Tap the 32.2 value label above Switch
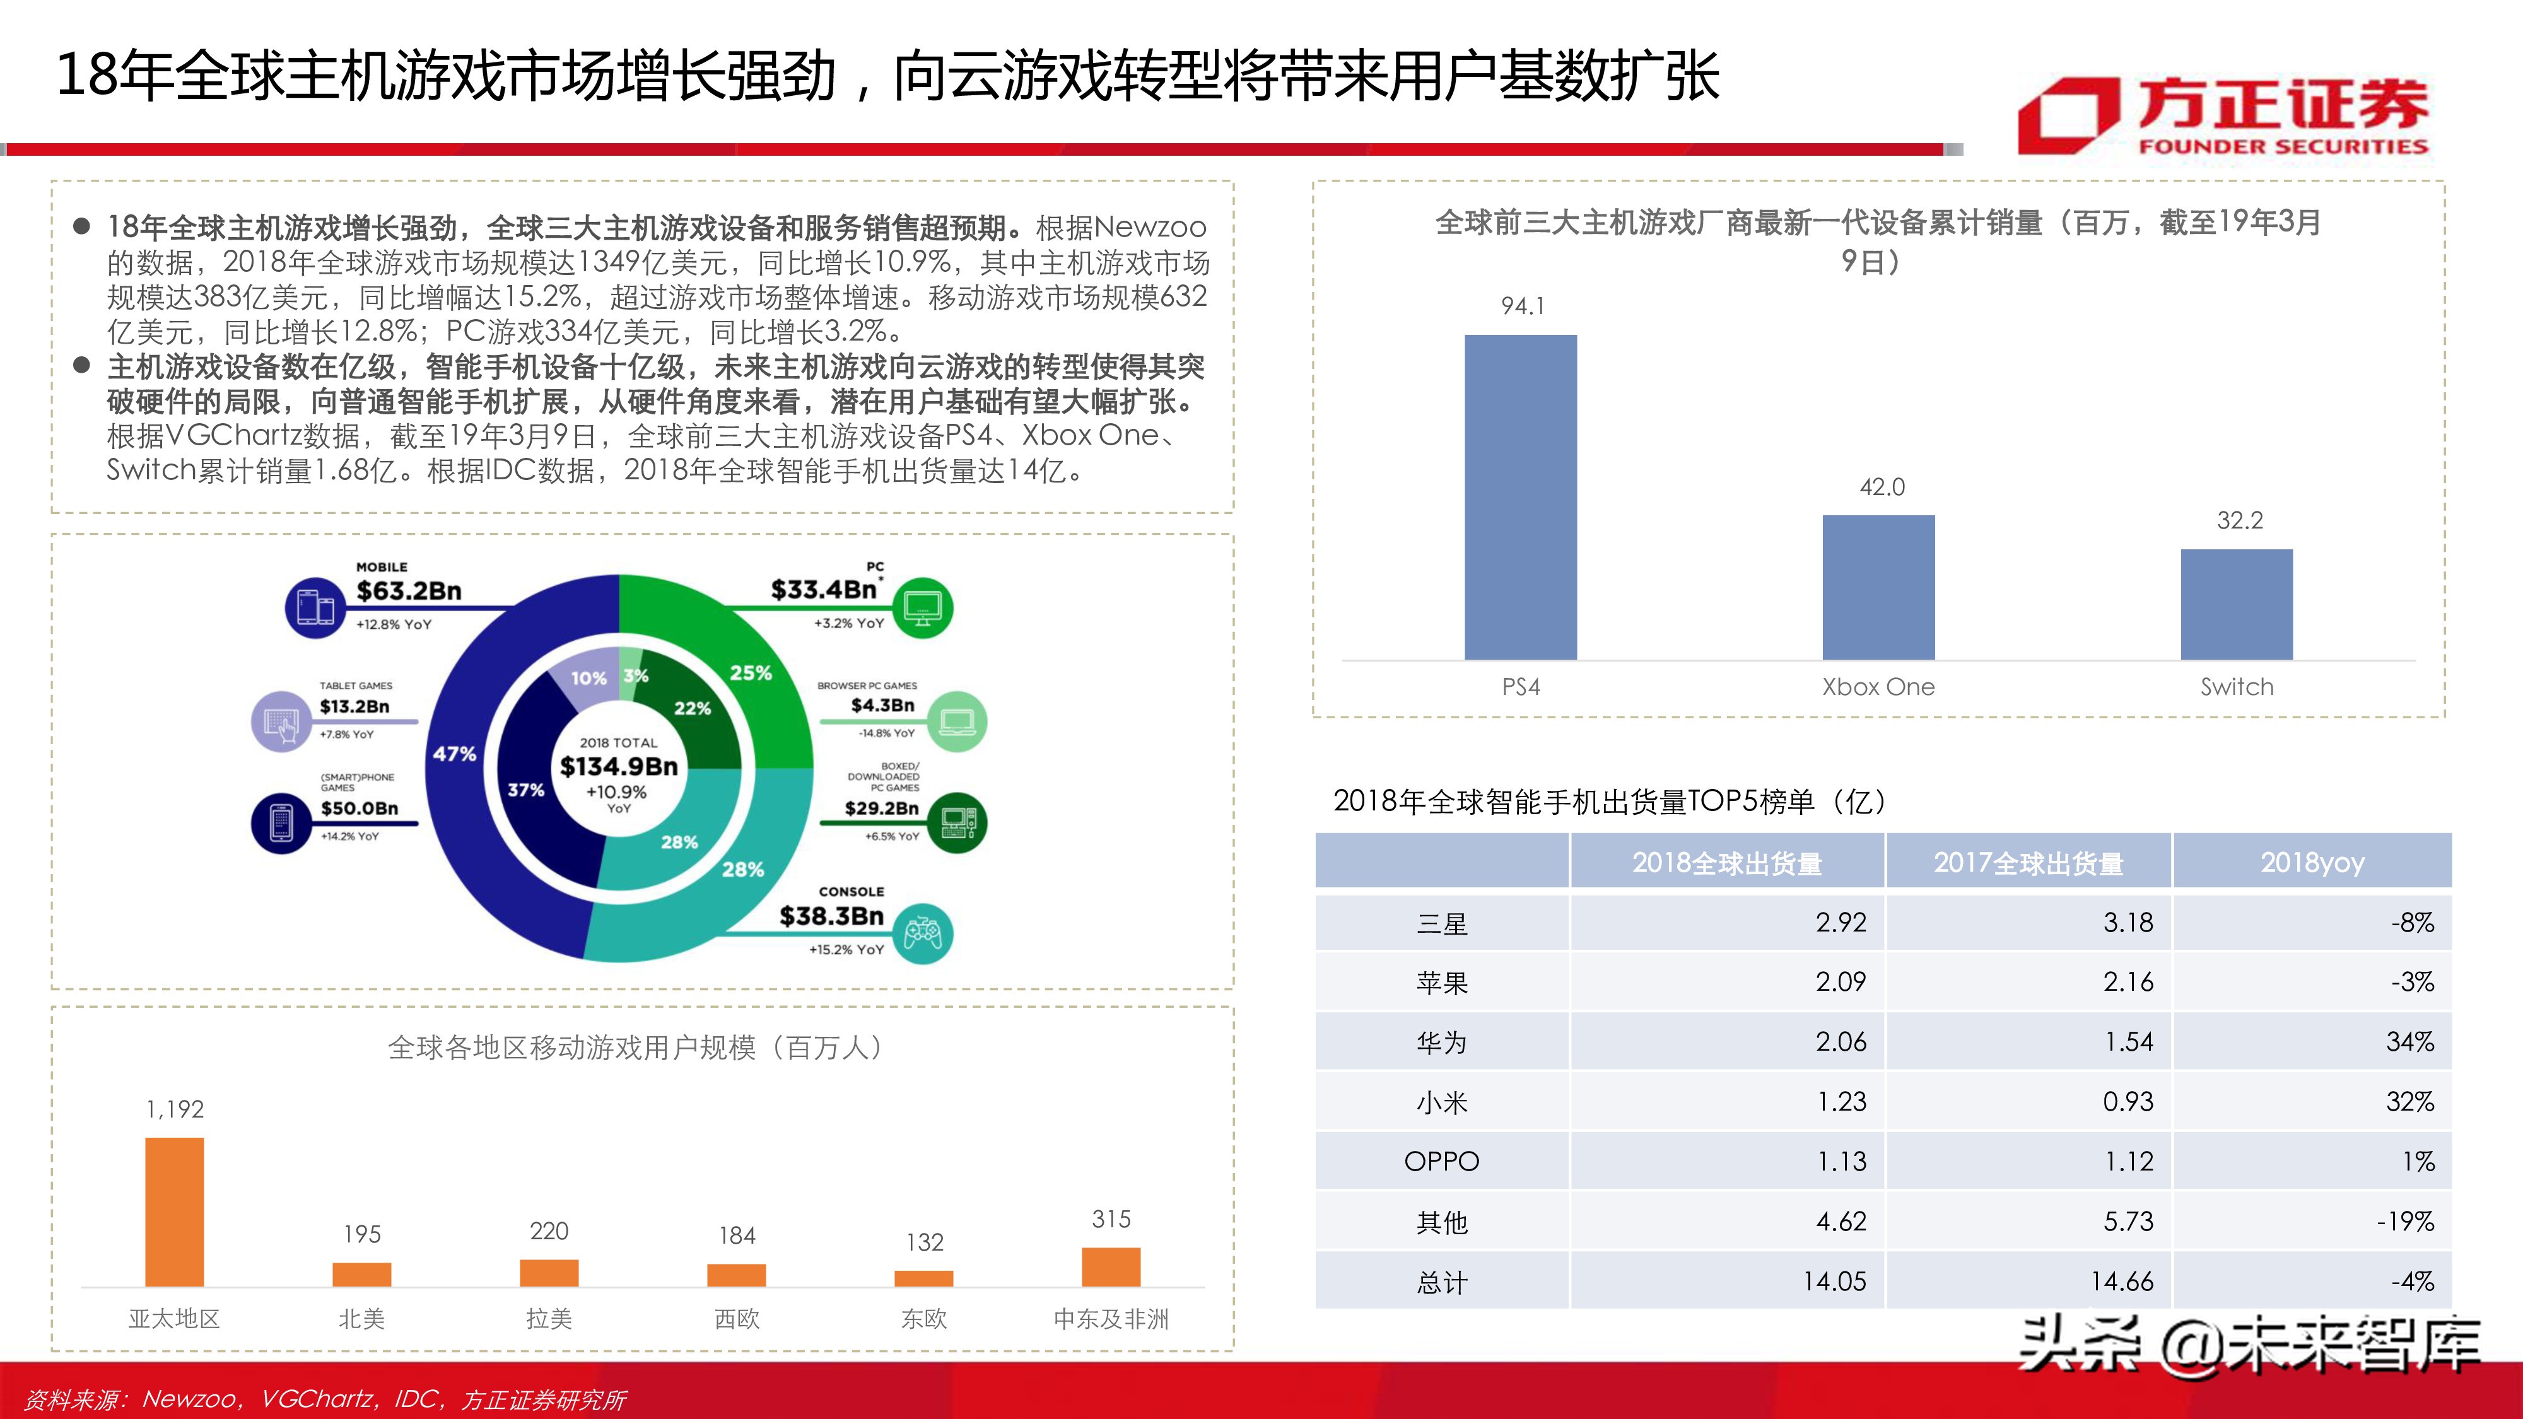[x=2239, y=521]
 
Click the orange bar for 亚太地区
[x=174, y=1212]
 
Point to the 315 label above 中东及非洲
[x=1111, y=1219]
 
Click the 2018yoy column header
[x=2312, y=863]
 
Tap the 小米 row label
[x=1442, y=1102]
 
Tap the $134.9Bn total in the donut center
[x=619, y=767]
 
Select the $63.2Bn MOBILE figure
[x=409, y=590]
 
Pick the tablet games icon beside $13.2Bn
[x=282, y=721]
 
